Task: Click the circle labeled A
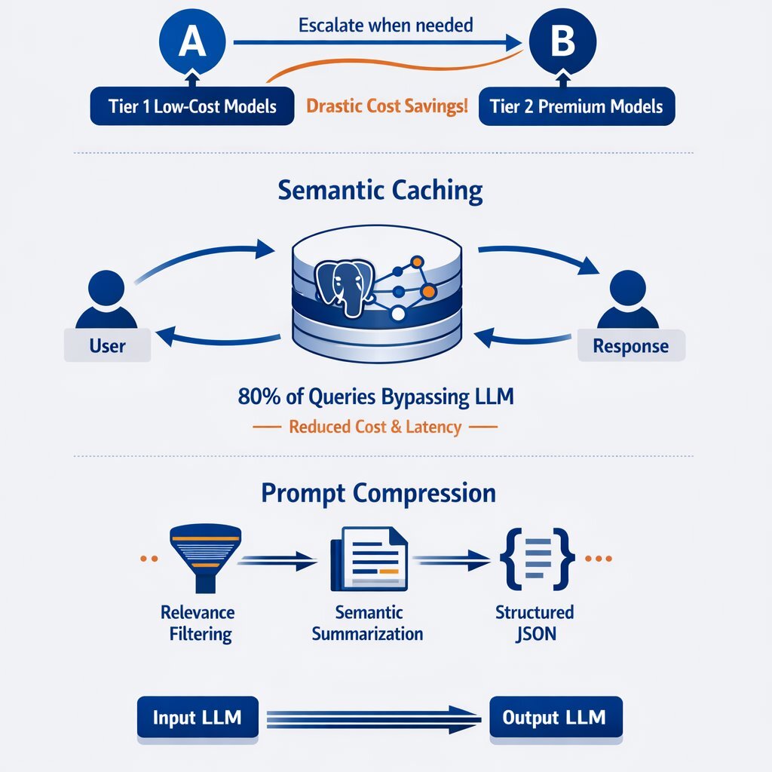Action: click(x=191, y=42)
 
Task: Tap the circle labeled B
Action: click(x=562, y=42)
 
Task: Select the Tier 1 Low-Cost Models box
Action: click(x=191, y=106)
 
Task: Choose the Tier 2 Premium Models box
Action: click(x=576, y=106)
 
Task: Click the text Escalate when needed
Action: click(x=385, y=25)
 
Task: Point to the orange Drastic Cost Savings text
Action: click(x=387, y=106)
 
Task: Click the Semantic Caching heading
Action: click(x=380, y=190)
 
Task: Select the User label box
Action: click(x=107, y=346)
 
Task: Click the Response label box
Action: click(x=630, y=346)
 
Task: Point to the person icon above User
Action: click(x=106, y=299)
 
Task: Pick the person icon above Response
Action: click(x=627, y=299)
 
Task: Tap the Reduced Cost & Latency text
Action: click(x=375, y=427)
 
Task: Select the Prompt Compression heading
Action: click(x=378, y=493)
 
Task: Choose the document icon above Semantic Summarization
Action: click(x=369, y=559)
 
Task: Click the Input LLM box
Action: click(x=197, y=717)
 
